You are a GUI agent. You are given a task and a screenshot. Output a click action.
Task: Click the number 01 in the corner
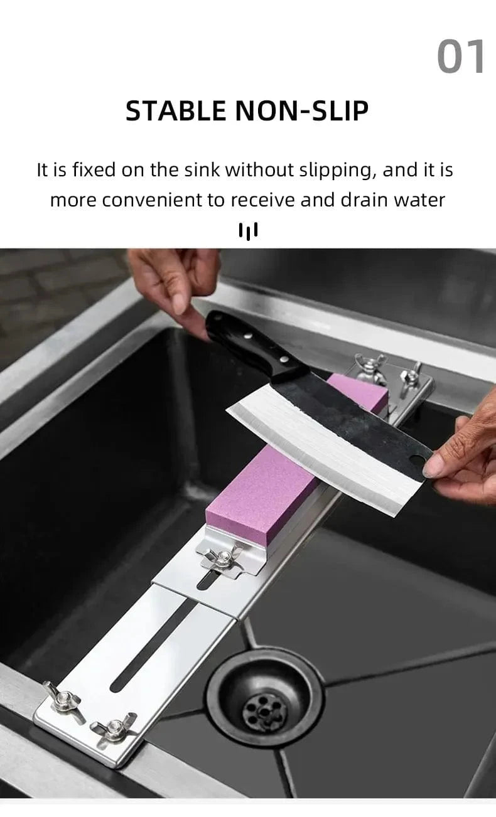[461, 56]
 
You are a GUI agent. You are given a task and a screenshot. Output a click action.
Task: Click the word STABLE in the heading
[176, 110]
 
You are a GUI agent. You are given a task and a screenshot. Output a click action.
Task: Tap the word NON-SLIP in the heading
[302, 110]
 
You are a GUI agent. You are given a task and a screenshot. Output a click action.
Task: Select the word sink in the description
[202, 169]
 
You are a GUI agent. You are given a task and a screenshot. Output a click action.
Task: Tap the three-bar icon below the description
[248, 232]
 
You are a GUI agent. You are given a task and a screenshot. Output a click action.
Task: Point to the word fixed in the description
[94, 169]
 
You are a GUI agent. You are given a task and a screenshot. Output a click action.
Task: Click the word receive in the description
[262, 200]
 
